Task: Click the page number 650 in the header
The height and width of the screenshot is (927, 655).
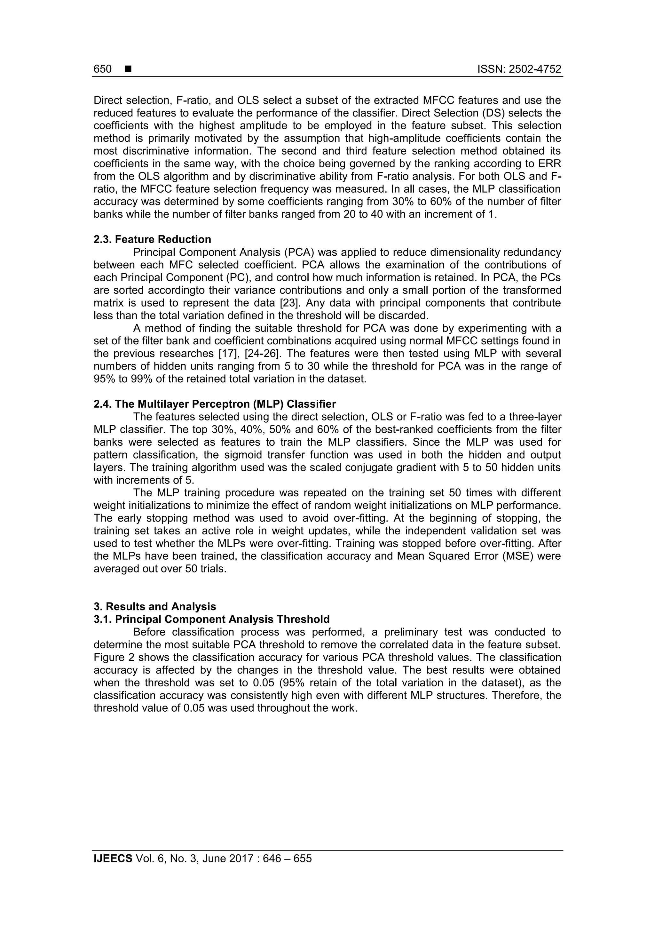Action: (103, 69)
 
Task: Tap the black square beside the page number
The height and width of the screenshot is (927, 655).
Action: (128, 69)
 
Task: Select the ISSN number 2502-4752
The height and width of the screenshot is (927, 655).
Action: (535, 69)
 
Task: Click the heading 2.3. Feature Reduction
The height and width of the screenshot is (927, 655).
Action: (152, 239)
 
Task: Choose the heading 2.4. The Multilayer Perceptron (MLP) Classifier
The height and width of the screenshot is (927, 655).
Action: (215, 404)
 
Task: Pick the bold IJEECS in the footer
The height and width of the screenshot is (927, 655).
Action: (113, 859)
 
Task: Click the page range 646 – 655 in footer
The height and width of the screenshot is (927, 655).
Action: (287, 859)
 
